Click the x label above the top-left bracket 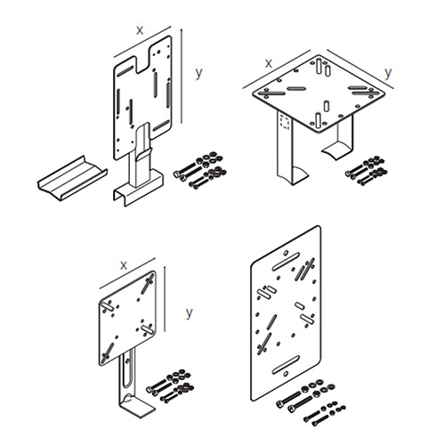pos(140,29)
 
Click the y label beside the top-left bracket pos(198,71)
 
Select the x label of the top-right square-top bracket pos(268,62)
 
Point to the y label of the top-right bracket pos(386,71)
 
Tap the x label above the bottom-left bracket pos(123,264)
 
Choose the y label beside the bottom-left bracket pos(188,313)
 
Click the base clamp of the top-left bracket pos(138,191)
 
